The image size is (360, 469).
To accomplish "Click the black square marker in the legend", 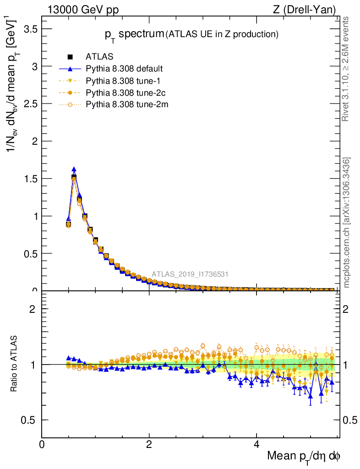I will [x=71, y=57].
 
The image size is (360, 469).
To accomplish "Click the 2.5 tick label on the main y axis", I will [x=31, y=104].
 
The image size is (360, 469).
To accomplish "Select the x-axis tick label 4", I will [x=256, y=444].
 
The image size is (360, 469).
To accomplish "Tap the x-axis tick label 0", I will [x=42, y=444].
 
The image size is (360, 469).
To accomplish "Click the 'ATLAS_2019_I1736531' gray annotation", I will [x=190, y=274].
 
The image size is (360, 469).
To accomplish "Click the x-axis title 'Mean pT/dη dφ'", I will [x=304, y=456].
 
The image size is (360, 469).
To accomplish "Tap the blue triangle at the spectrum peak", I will [x=74, y=169].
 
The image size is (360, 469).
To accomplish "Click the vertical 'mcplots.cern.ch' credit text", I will [x=347, y=223].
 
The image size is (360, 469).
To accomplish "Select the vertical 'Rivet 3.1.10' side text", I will [x=347, y=69].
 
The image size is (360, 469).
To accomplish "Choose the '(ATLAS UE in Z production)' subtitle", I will [x=222, y=34].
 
